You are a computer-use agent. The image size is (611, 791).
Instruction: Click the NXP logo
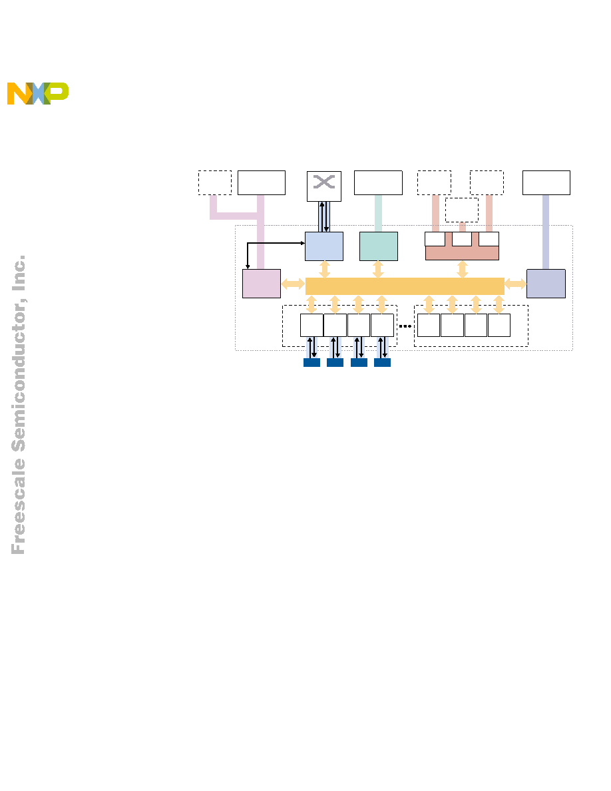coord(38,93)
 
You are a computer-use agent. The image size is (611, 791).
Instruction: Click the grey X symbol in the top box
coord(323,182)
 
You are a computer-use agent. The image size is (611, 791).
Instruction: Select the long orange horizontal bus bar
coord(405,286)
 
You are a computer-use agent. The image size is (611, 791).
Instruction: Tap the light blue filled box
coord(324,246)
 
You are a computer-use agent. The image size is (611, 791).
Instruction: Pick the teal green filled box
coord(379,246)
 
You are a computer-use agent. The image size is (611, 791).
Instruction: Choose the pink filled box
coord(262,284)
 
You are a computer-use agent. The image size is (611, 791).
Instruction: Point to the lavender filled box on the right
coord(546,284)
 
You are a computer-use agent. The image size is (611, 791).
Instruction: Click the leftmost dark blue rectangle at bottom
coord(311,362)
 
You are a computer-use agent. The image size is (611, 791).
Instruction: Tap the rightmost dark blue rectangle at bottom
coord(382,362)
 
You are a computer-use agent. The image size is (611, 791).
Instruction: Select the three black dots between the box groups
coord(405,326)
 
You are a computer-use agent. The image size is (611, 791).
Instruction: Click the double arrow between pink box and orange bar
coord(293,284)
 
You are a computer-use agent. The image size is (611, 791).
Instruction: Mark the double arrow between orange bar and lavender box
coord(515,284)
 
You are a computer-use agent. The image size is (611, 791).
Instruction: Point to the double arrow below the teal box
coord(378,270)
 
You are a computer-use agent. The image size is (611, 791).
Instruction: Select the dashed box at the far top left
coord(215,182)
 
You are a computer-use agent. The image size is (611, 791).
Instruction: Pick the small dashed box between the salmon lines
coord(462,210)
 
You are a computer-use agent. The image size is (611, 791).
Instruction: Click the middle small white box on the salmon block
coord(462,239)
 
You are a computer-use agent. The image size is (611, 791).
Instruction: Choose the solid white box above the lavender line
coord(546,182)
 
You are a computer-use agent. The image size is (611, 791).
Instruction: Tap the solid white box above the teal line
coord(378,182)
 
